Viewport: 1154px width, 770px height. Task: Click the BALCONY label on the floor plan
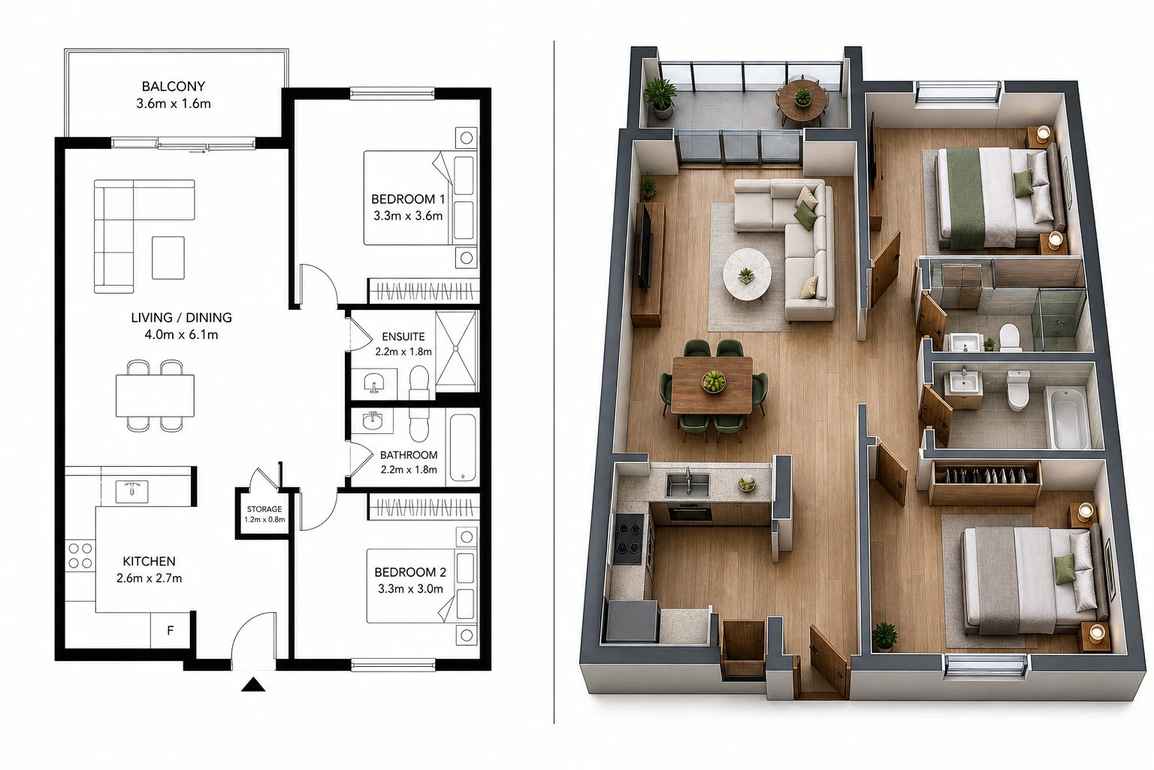pos(174,86)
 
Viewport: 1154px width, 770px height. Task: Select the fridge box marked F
pos(171,629)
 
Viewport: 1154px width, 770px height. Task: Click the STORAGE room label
pos(264,509)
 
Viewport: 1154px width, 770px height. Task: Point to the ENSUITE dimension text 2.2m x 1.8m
pos(403,352)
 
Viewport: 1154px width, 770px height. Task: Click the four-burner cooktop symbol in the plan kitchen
pos(80,556)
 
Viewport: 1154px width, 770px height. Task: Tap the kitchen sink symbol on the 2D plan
pos(132,491)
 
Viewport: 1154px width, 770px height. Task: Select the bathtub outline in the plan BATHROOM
pos(463,447)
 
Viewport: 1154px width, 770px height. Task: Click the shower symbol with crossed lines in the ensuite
pos(456,349)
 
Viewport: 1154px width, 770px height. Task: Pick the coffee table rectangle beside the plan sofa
pos(168,258)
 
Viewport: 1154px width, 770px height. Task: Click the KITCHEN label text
pos(149,561)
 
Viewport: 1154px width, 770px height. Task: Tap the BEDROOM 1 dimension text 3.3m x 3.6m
pos(408,216)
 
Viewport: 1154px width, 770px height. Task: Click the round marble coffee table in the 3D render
pos(747,274)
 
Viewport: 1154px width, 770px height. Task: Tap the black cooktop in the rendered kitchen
pos(629,539)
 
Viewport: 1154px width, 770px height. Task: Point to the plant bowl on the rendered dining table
pos(714,381)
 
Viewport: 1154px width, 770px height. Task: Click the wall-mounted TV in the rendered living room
pos(645,246)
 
